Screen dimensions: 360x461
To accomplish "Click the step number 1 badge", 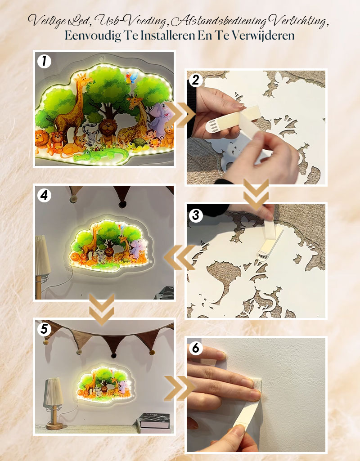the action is coord(44,62).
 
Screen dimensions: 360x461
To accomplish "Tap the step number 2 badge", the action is coord(196,80).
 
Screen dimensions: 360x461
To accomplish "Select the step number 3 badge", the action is coord(196,215).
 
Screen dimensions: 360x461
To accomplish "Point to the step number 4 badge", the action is coord(44,195).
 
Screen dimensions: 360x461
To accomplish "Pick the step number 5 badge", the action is coord(44,329).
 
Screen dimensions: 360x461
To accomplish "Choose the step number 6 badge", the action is coord(196,349).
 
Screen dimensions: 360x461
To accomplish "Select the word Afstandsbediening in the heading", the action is coord(219,21).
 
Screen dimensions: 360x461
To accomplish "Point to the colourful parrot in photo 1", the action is coord(131,78).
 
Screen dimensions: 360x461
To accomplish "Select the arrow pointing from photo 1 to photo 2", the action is coord(180,115).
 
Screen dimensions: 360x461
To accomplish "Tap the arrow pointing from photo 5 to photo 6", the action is coord(180,389).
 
